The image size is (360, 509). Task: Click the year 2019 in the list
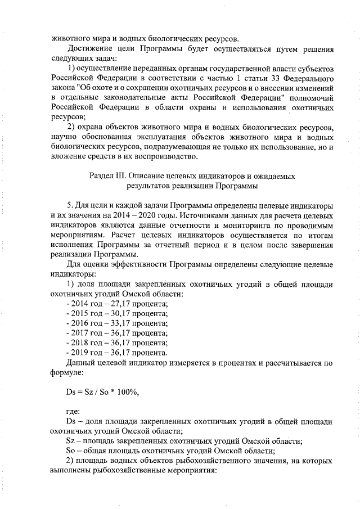tap(81, 353)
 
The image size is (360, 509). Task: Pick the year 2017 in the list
tap(81, 333)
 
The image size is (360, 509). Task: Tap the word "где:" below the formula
tap(73, 412)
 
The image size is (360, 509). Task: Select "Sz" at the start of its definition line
tap(71, 440)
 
